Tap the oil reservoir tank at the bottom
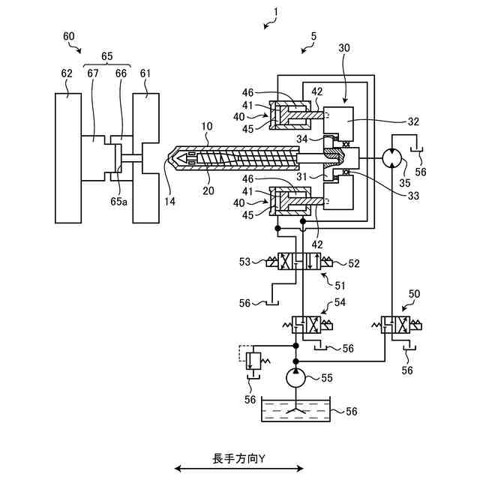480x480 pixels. (x=296, y=409)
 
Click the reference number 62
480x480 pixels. (x=67, y=73)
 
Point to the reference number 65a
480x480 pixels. (x=118, y=202)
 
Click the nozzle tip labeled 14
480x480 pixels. (x=169, y=158)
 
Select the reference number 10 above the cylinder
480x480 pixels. (x=207, y=126)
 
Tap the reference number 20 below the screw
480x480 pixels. (x=208, y=190)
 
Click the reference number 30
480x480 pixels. (x=344, y=48)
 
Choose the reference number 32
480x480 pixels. (x=413, y=121)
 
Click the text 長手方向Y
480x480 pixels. (x=239, y=459)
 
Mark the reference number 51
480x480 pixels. (x=340, y=286)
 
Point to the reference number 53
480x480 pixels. (x=245, y=262)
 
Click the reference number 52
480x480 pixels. (x=354, y=263)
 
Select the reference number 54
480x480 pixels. (x=340, y=302)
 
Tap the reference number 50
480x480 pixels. (x=414, y=294)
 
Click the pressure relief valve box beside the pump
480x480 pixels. (x=253, y=361)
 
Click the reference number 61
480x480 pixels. (x=145, y=73)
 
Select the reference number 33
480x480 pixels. (x=413, y=196)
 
